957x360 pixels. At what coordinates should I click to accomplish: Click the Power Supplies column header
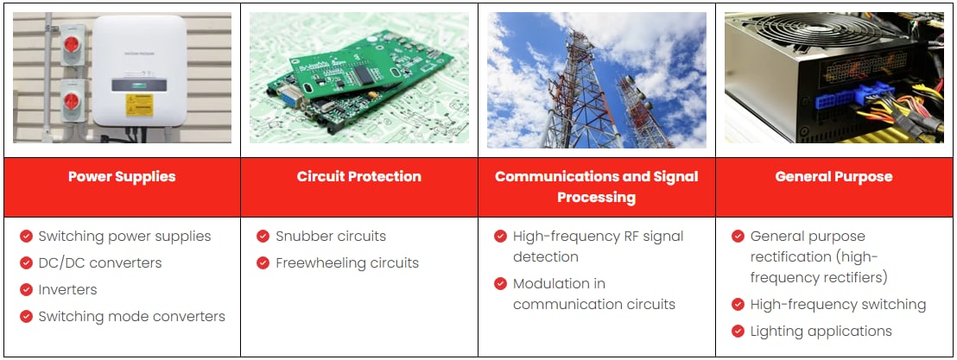[x=122, y=177]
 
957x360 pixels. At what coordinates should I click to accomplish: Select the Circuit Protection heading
[x=358, y=177]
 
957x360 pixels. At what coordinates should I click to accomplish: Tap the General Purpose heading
[x=833, y=177]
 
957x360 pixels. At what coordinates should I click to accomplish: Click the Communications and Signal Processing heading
[x=596, y=186]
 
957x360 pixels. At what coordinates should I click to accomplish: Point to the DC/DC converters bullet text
[x=99, y=262]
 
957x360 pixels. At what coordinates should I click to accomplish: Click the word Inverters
[x=67, y=289]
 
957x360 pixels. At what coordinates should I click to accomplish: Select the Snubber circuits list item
[x=331, y=236]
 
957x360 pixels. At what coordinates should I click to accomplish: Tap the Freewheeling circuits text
[x=347, y=262]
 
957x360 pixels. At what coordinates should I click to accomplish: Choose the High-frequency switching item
[x=838, y=304]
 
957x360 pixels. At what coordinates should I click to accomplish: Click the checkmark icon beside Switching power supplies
[x=27, y=236]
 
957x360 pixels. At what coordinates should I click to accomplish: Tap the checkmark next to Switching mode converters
[x=27, y=317]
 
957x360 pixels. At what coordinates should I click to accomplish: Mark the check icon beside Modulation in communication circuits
[x=501, y=283]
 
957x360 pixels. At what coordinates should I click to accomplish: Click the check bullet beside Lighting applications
[x=738, y=331]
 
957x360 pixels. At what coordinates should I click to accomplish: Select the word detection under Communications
[x=546, y=256]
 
